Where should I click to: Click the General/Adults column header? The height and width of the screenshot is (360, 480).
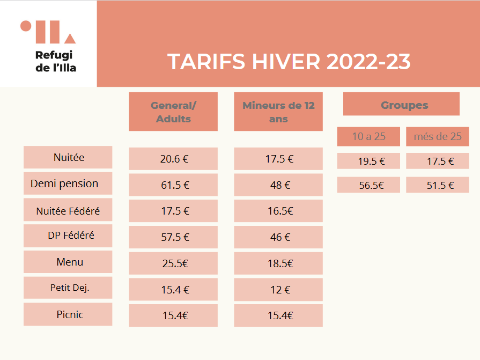click(x=173, y=112)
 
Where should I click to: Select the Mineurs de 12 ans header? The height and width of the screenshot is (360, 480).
click(x=278, y=112)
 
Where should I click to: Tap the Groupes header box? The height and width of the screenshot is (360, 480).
click(x=401, y=104)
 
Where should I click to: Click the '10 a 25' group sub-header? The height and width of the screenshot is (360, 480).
click(x=368, y=136)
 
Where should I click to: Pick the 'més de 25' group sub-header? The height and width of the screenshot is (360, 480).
click(x=438, y=136)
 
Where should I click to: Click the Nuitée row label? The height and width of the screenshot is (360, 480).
click(x=68, y=157)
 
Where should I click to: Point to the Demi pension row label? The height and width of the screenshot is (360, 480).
click(x=68, y=183)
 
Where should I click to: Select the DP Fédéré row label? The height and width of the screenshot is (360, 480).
click(x=68, y=236)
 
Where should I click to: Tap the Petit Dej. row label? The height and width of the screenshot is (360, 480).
click(x=68, y=288)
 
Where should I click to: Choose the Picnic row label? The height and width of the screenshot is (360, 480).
click(x=68, y=314)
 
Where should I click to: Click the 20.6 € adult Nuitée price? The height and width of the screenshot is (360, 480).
click(x=173, y=159)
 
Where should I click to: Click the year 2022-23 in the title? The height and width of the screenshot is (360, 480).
click(x=368, y=62)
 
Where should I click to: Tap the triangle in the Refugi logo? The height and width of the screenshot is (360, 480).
click(x=70, y=39)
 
